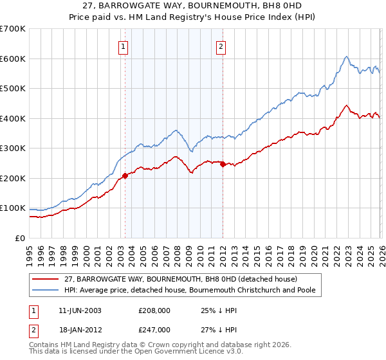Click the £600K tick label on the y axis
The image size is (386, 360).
tap(13, 59)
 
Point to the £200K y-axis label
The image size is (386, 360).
tap(13, 178)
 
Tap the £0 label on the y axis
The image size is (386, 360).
tap(19, 238)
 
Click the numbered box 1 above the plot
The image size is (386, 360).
tap(123, 46)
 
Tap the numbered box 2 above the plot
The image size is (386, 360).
tap(221, 46)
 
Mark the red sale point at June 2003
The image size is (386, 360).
tap(125, 176)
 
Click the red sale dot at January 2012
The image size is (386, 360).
tap(223, 165)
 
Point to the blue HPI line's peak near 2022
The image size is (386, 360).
tap(346, 57)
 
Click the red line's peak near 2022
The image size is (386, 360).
tap(346, 105)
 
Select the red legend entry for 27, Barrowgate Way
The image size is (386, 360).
tap(180, 279)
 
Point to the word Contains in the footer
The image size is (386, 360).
tap(46, 346)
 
